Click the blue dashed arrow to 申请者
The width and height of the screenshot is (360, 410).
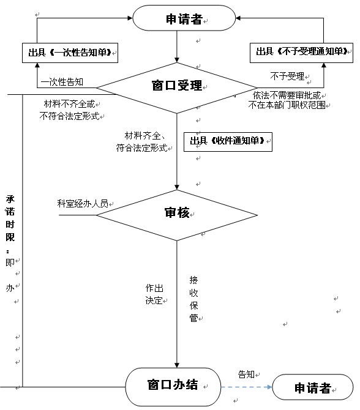(247, 387)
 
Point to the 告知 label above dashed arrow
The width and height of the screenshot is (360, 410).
(246, 375)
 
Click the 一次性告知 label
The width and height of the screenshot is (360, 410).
(62, 82)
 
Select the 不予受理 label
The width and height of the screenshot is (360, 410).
(287, 76)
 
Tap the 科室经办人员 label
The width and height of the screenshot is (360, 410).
(83, 203)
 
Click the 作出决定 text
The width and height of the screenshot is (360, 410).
(154, 294)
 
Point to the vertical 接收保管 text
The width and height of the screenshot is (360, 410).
(193, 299)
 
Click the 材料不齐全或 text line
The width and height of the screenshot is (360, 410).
(69, 104)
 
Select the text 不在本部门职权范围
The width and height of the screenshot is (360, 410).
(287, 105)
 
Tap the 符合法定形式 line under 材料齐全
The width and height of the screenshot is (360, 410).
(141, 147)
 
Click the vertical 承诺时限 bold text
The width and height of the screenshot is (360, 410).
(10, 218)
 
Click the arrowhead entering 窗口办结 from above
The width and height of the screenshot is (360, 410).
(177, 365)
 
